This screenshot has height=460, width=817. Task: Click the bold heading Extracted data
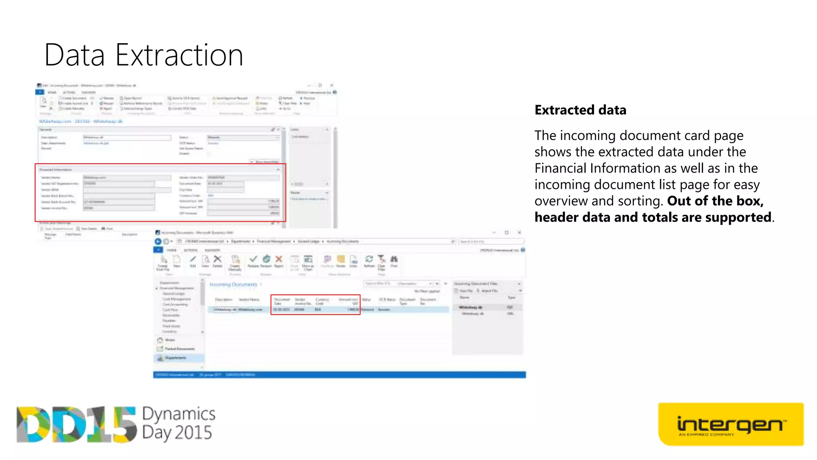click(x=580, y=110)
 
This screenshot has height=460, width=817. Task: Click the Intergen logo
click(x=730, y=424)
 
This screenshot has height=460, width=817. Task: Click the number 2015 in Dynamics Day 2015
click(x=193, y=433)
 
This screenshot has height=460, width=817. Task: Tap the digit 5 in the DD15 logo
click(x=124, y=425)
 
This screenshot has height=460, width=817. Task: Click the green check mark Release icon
click(x=253, y=259)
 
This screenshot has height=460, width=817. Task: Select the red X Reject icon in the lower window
click(x=279, y=259)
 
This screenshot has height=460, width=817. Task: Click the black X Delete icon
click(x=217, y=259)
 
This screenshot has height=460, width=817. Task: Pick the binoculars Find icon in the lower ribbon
click(x=394, y=259)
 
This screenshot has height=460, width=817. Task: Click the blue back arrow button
click(x=158, y=241)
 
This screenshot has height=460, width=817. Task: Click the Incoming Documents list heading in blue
click(x=233, y=284)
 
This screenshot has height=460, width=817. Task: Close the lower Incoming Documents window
click(x=519, y=232)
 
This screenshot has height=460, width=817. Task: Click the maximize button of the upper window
click(x=320, y=85)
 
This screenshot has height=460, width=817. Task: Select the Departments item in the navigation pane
click(x=176, y=358)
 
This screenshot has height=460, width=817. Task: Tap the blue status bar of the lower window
click(x=339, y=375)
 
